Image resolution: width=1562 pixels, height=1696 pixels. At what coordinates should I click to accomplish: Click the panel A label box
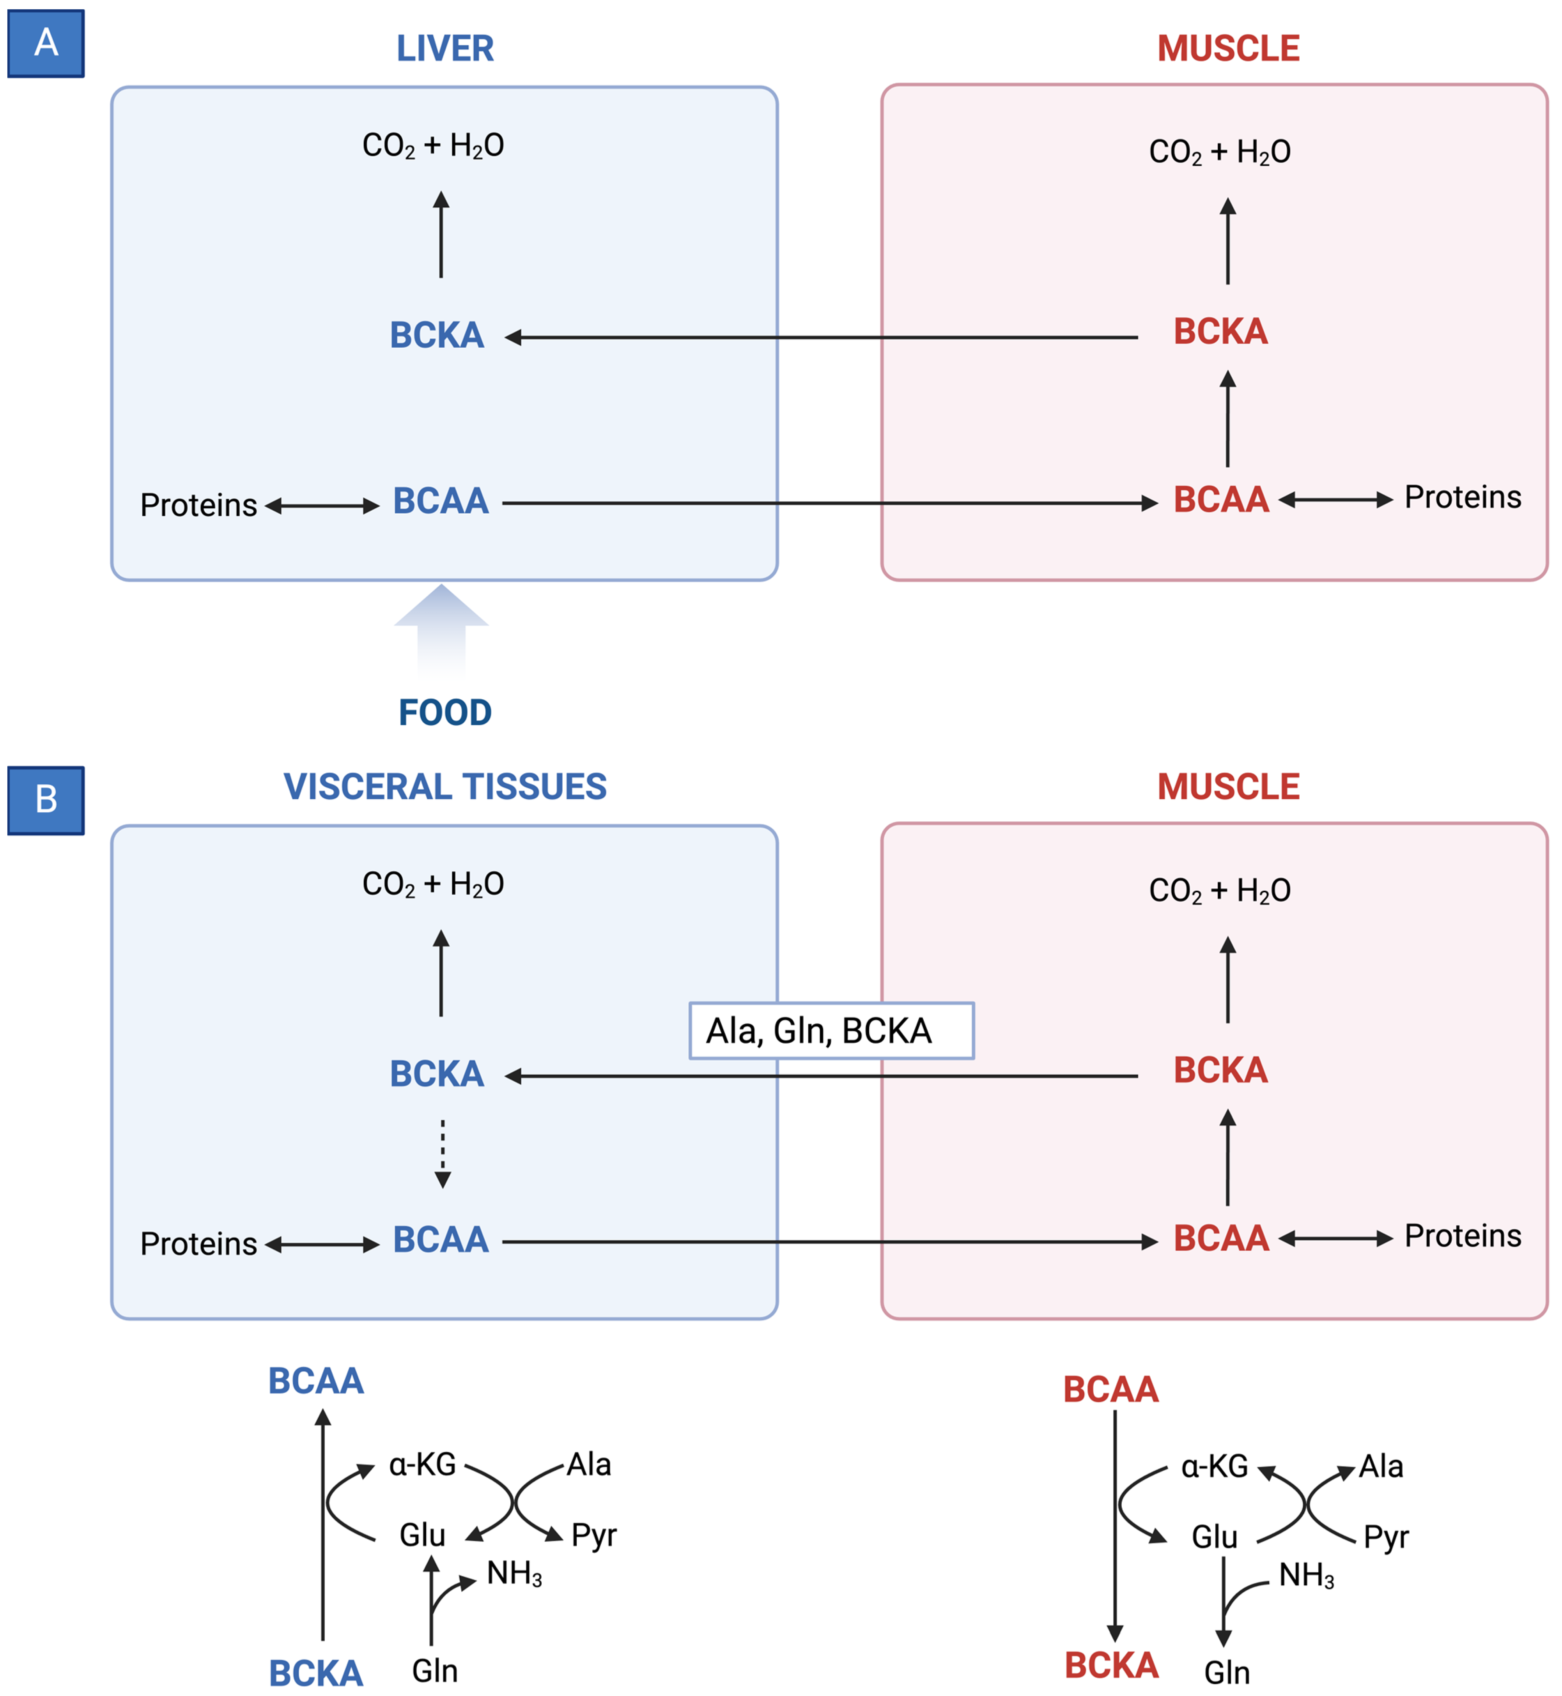pyautogui.click(x=46, y=43)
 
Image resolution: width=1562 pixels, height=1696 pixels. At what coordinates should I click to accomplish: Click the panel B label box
pyautogui.click(x=46, y=799)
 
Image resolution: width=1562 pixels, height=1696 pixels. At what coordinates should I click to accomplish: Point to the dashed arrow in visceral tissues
pyautogui.click(x=442, y=1153)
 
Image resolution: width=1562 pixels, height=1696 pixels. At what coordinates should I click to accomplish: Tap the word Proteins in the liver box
pyautogui.click(x=198, y=505)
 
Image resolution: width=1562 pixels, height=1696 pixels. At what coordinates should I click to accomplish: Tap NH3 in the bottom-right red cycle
pyautogui.click(x=1306, y=1575)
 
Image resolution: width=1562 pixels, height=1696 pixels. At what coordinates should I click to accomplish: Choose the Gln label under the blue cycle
pyautogui.click(x=434, y=1671)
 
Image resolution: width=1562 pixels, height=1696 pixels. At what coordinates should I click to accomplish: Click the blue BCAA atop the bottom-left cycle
pyautogui.click(x=315, y=1381)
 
